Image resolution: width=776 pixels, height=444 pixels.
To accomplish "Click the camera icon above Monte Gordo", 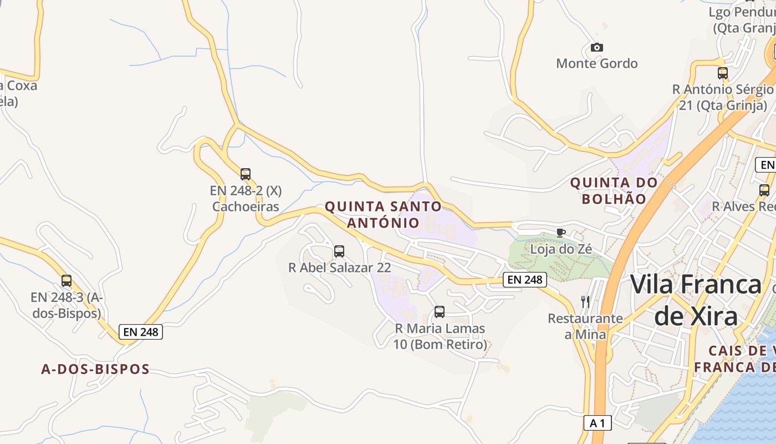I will [x=596, y=48].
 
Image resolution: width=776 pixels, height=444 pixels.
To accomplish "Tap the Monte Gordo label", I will [x=596, y=64].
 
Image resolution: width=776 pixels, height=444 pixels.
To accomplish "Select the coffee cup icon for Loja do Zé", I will [x=560, y=233].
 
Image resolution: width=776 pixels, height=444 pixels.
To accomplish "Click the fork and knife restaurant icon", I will [x=585, y=302].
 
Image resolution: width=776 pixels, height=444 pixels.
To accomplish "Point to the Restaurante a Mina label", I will [x=585, y=326].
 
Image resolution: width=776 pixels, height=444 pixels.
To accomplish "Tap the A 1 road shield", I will [x=597, y=423].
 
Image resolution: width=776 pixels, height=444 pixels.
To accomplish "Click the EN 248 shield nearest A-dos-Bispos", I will [x=141, y=332].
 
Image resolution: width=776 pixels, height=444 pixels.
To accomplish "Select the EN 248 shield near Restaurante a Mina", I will [x=524, y=280].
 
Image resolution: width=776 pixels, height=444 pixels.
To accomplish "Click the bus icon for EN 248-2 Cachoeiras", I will [x=246, y=174].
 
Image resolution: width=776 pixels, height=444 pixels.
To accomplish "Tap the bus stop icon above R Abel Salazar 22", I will [x=339, y=251].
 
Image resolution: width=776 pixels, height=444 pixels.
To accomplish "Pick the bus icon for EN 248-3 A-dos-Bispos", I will [x=67, y=281].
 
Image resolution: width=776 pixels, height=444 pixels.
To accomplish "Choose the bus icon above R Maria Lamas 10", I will [x=440, y=312].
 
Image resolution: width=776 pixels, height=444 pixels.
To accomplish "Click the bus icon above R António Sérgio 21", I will [x=723, y=73].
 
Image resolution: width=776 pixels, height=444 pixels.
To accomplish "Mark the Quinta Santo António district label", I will [x=383, y=215].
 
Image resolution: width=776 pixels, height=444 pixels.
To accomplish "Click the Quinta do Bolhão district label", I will [x=614, y=190].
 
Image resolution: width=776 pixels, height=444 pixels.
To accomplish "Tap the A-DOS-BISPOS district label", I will [x=95, y=369].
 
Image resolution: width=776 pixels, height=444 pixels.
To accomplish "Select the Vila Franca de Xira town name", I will [x=696, y=300].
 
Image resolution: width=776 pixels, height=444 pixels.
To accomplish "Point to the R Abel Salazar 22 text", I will [x=339, y=268].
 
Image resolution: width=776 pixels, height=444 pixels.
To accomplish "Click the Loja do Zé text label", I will [x=561, y=249].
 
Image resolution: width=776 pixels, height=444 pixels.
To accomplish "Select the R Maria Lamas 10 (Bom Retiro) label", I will [x=440, y=336].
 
